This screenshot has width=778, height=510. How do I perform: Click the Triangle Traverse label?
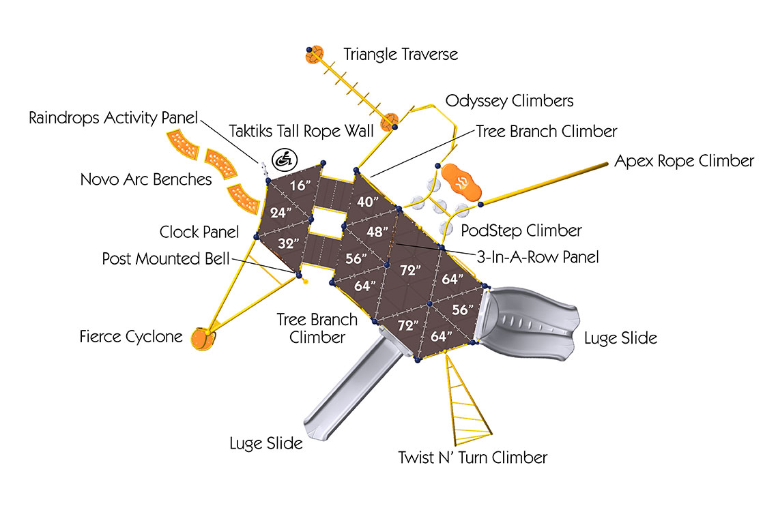(401, 54)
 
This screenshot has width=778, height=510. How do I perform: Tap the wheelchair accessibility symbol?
(285, 160)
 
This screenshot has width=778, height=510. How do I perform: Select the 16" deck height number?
(300, 185)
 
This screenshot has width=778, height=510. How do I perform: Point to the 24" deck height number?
(280, 213)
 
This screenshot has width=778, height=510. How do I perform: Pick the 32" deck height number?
(289, 243)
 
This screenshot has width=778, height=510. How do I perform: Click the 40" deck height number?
(368, 202)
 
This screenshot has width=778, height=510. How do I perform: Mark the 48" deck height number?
(377, 231)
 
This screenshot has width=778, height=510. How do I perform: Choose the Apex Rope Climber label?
(685, 161)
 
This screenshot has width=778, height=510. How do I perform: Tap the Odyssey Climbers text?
(510, 101)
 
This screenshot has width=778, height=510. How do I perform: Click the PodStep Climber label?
(521, 230)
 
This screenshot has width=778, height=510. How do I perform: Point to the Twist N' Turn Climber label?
(472, 457)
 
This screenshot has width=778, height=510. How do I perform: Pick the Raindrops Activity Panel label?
(113, 118)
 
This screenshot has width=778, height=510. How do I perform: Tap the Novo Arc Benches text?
(146, 179)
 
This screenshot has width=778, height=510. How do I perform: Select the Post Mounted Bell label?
(166, 258)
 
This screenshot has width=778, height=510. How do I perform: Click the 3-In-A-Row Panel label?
(538, 257)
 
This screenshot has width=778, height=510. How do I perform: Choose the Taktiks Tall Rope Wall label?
(301, 132)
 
